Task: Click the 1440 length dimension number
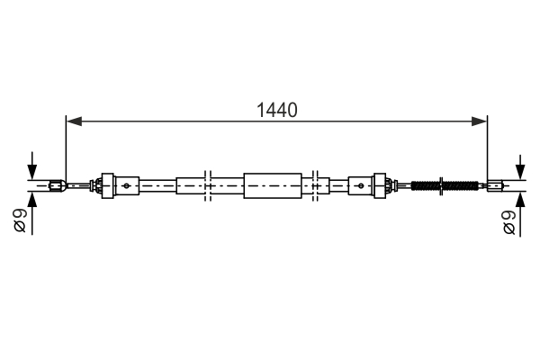coord(276,111)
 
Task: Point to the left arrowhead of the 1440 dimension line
coord(72,120)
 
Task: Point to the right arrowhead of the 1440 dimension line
coord(481,120)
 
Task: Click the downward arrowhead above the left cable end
coord(31,174)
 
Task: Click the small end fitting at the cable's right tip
coord(494,186)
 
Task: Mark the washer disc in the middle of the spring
coord(441,186)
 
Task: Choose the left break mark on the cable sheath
coord(207,186)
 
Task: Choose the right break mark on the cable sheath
coord(317,186)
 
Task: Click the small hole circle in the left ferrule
coord(127,186)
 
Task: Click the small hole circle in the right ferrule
coord(361,186)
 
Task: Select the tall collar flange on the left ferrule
coord(109,186)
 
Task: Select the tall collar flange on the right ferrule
coord(380,186)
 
